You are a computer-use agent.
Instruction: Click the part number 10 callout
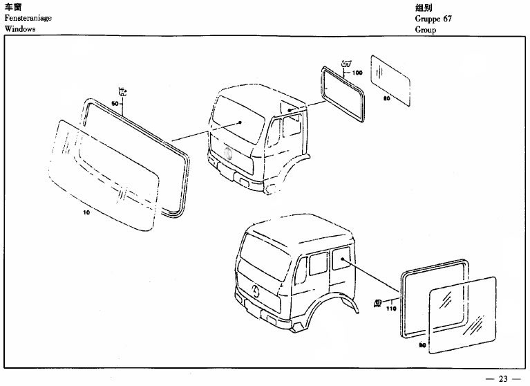(86, 212)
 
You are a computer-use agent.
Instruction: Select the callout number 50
(115, 103)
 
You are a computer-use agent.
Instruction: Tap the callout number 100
(357, 73)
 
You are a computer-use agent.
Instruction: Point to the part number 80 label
(386, 98)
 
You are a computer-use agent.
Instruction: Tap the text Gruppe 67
(433, 19)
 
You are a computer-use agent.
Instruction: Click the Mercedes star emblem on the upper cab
(228, 152)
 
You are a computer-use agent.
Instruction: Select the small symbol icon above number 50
(122, 91)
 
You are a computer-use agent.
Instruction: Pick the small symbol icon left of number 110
(378, 302)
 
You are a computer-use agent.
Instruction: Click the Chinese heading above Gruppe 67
(424, 7)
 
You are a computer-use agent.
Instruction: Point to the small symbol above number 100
(346, 66)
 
